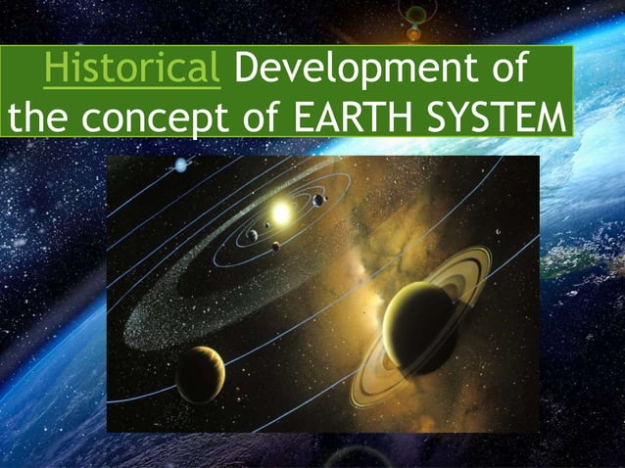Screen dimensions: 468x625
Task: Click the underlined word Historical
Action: click(131, 70)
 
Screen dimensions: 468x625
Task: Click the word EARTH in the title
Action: click(352, 119)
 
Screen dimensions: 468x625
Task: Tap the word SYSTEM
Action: click(495, 119)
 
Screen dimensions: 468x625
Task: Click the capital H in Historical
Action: click(56, 70)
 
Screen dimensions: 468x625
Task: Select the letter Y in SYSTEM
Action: click(471, 119)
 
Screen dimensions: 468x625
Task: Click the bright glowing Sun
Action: click(283, 211)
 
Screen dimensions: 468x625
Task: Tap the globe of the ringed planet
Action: click(419, 327)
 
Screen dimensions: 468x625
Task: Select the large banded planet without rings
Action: click(200, 373)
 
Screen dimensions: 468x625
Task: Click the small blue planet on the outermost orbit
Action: click(180, 164)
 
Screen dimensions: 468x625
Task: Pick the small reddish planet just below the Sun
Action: click(275, 246)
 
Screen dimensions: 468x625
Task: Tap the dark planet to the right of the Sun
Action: click(318, 200)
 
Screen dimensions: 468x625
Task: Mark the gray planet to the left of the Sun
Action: click(253, 235)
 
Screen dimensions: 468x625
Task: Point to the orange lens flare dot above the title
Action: click(414, 33)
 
